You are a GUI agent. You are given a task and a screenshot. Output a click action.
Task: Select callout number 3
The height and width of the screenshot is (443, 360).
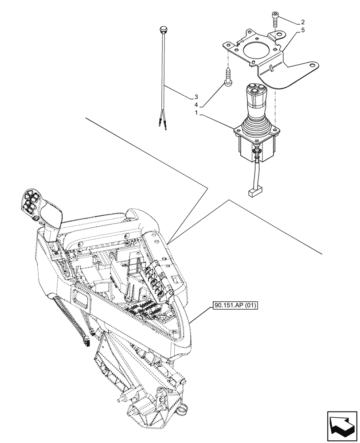(196, 97)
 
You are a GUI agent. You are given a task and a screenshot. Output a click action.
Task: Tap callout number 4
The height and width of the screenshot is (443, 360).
(196, 106)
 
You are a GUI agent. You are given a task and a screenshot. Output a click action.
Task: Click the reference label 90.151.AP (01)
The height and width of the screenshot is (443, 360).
(235, 306)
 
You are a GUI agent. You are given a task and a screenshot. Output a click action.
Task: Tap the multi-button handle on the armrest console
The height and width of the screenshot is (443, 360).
(33, 204)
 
